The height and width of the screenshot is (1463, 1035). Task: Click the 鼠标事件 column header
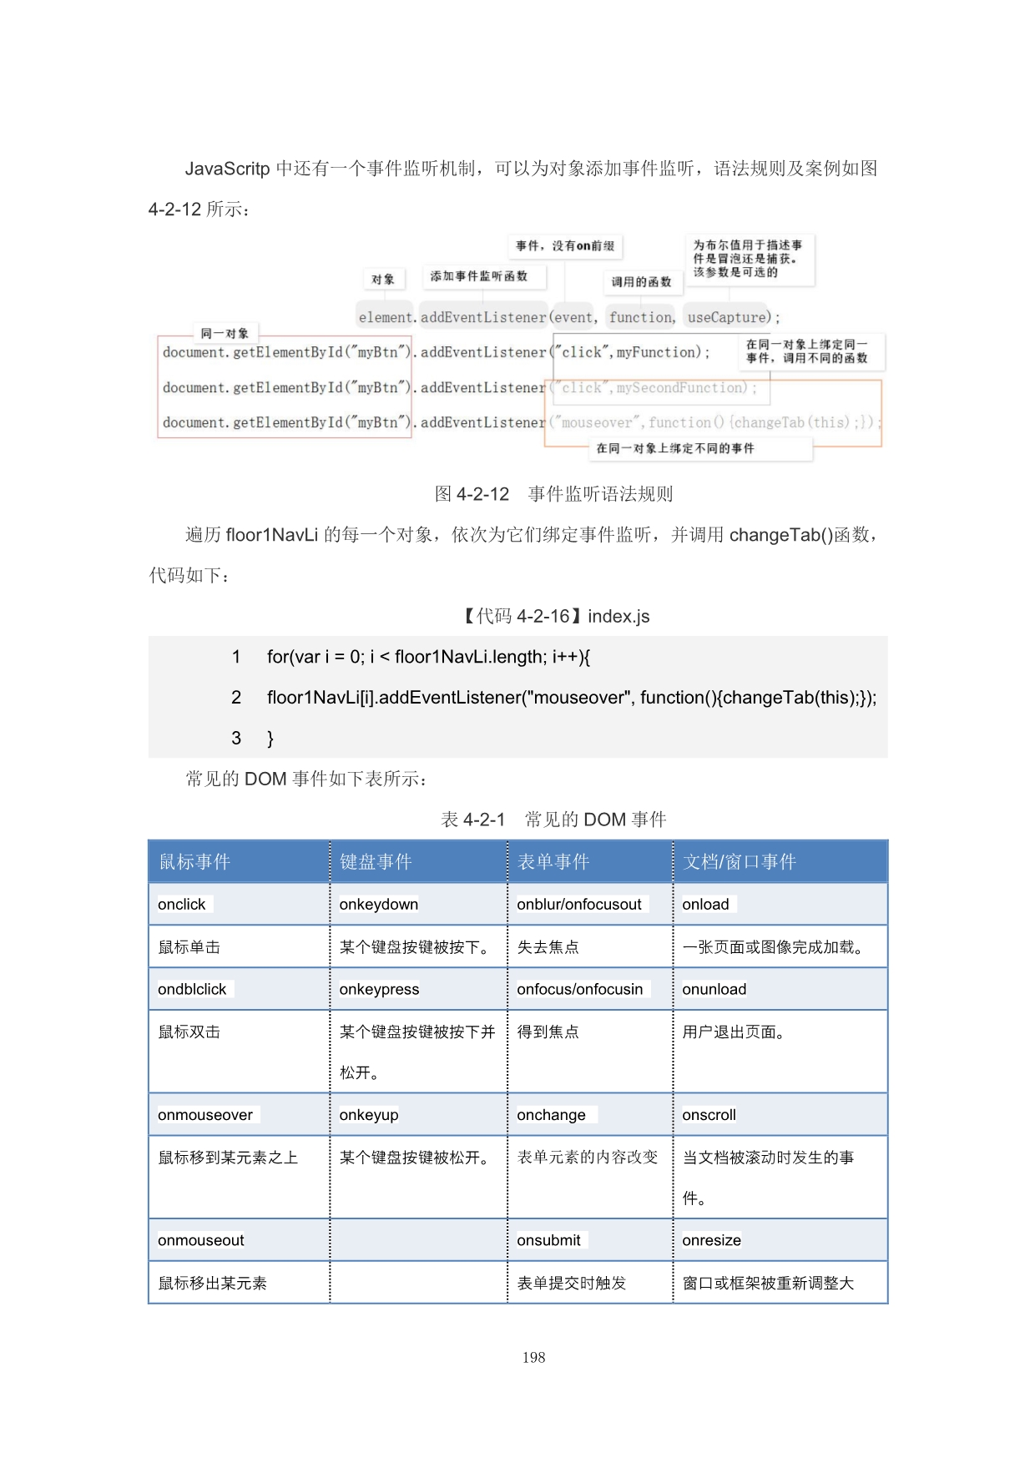pyautogui.click(x=194, y=862)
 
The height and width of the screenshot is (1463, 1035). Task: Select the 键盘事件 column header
pyautogui.click(x=376, y=862)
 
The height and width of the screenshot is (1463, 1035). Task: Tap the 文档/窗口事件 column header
pyautogui.click(x=739, y=862)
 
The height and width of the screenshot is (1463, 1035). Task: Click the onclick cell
pyautogui.click(x=182, y=905)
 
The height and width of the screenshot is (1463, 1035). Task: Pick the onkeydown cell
pyautogui.click(x=379, y=905)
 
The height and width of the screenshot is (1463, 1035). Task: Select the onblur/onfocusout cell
pyautogui.click(x=579, y=905)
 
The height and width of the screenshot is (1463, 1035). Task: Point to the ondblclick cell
pyautogui.click(x=192, y=990)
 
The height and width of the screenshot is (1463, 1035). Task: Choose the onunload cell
pyautogui.click(x=714, y=990)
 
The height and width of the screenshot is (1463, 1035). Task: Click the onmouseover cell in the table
pyautogui.click(x=205, y=1116)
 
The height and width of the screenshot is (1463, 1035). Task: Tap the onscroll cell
pyautogui.click(x=709, y=1116)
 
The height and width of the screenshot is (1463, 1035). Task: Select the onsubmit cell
pyautogui.click(x=548, y=1241)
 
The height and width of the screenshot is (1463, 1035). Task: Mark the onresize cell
pyautogui.click(x=711, y=1241)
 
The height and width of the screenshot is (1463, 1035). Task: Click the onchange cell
pyautogui.click(x=551, y=1116)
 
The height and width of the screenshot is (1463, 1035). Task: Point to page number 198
pyautogui.click(x=533, y=1358)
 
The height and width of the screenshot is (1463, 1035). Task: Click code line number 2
pyautogui.click(x=236, y=698)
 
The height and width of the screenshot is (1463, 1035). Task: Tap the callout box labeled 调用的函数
pyautogui.click(x=641, y=282)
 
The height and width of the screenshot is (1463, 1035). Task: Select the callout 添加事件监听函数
pyautogui.click(x=479, y=276)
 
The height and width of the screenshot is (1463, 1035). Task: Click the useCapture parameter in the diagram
pyautogui.click(x=728, y=317)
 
